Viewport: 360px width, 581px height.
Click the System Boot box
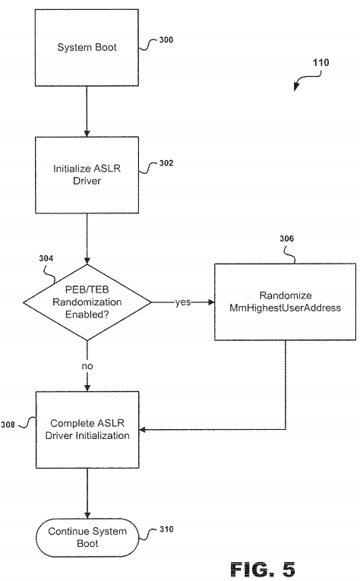(87, 48)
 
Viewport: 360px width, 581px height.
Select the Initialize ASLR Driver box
(87, 175)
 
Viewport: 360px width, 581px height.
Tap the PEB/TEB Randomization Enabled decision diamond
(87, 302)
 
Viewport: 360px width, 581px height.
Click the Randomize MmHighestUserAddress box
(285, 302)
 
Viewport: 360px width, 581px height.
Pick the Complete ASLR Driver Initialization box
(87, 430)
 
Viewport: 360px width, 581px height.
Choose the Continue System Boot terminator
(87, 537)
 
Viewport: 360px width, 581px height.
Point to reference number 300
(166, 40)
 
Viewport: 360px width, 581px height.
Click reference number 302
(166, 163)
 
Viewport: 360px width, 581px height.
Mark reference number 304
(46, 258)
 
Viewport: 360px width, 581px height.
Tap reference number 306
(286, 238)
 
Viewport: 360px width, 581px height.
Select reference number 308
(8, 425)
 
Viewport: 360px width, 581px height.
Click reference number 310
(166, 529)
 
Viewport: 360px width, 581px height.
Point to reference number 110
(321, 62)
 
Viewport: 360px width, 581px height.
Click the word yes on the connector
(183, 302)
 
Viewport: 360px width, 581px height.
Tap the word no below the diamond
(87, 366)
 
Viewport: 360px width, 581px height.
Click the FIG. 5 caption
(263, 569)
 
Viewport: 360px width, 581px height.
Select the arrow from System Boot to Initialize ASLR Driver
(87, 112)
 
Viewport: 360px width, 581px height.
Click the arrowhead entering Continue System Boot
(87, 516)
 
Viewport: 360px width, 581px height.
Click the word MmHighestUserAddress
(285, 308)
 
